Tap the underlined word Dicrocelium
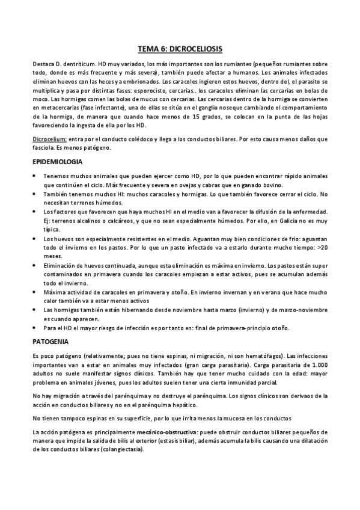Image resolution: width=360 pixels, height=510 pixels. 49,139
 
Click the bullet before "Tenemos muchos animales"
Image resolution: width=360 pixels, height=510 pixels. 35,176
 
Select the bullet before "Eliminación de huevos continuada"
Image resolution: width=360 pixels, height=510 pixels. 35,265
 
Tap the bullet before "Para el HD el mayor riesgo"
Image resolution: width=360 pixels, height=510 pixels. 35,328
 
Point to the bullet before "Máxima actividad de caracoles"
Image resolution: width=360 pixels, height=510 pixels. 35,292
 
